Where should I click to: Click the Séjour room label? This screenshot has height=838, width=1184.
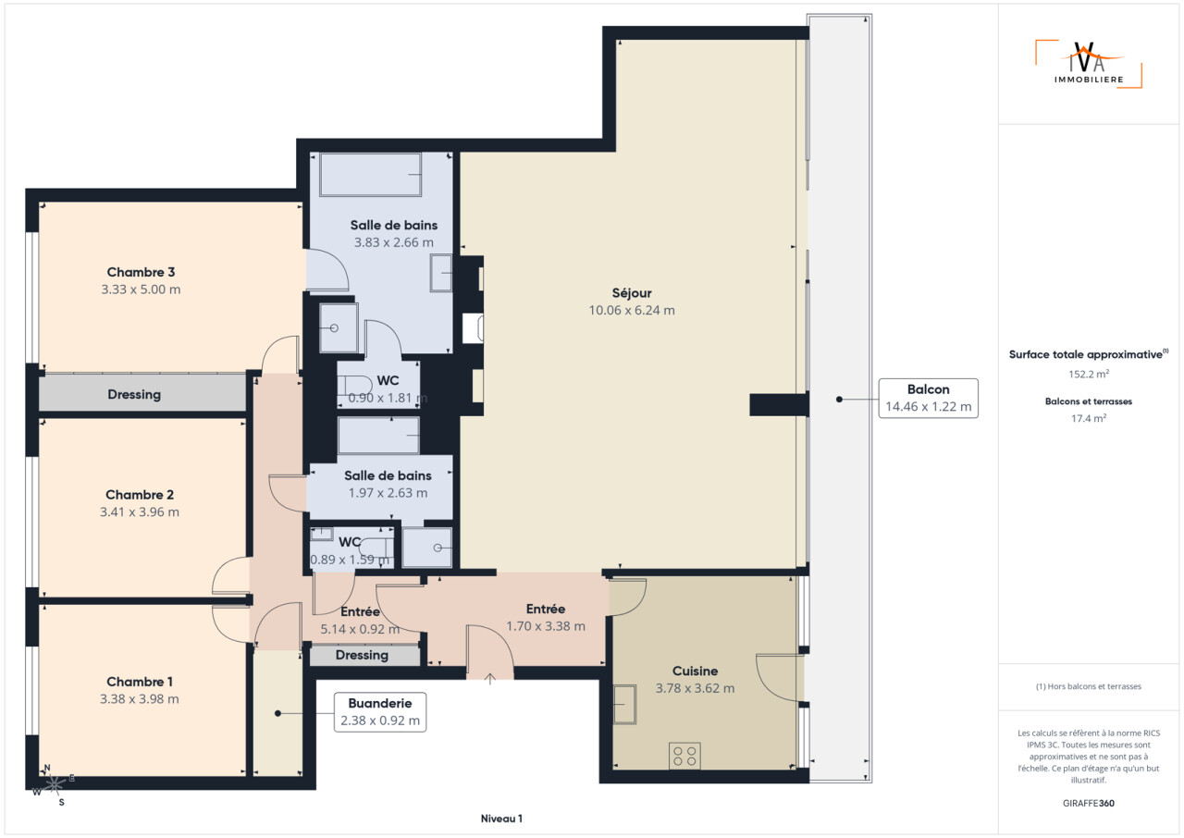tap(632, 293)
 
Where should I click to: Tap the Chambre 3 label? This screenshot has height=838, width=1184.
tap(141, 272)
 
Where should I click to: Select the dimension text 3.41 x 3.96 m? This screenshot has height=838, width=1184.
tap(140, 512)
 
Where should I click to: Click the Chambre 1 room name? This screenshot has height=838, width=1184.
tap(140, 682)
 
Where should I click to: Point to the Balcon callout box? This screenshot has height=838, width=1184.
tap(928, 399)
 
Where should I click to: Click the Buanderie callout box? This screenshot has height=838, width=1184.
tap(380, 712)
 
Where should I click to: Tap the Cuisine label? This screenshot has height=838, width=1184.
tap(695, 671)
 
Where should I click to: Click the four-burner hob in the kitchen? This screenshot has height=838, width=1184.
tap(684, 756)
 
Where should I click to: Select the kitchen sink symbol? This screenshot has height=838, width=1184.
tap(624, 704)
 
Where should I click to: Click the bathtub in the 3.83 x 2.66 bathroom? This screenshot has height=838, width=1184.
tap(371, 175)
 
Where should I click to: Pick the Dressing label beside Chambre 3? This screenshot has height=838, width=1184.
tap(134, 395)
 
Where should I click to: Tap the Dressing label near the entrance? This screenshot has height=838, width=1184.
tap(362, 655)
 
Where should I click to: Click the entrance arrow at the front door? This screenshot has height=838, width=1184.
tap(490, 679)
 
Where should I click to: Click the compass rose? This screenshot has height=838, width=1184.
tap(54, 785)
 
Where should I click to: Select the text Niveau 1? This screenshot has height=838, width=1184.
tap(501, 819)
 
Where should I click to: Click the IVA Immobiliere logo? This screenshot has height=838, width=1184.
tap(1089, 64)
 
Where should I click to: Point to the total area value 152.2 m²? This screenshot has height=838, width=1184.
tap(1089, 374)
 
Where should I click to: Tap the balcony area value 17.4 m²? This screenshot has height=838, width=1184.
tap(1089, 418)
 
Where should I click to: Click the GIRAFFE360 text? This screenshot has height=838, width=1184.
tap(1089, 803)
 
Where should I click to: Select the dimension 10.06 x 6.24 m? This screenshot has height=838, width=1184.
tap(632, 311)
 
